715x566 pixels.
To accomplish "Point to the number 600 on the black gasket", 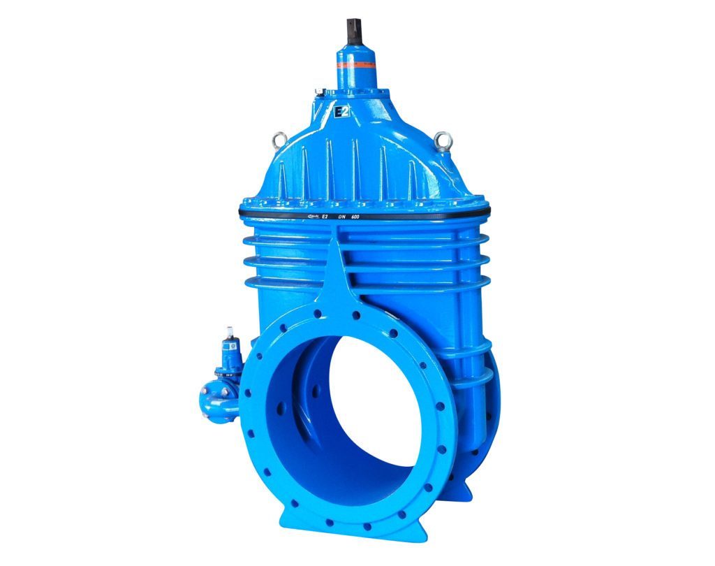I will click(x=364, y=217).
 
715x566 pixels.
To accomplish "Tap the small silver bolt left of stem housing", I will click(x=318, y=92).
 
